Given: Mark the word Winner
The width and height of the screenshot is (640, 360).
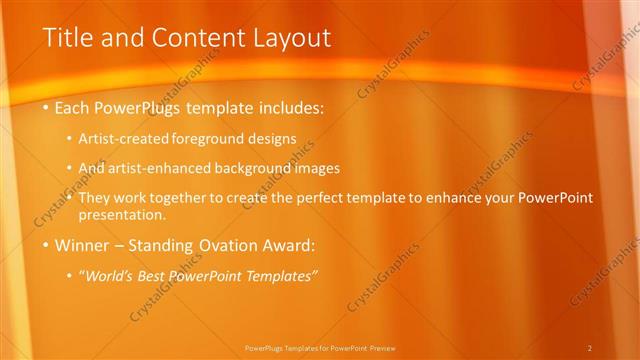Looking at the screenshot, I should pos(82,244).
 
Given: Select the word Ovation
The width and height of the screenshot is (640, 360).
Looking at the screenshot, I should pos(223,244).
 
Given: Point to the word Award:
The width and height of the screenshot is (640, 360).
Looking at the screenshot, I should pos(289,244).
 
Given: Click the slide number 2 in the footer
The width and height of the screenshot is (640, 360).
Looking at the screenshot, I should pos(590,348).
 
